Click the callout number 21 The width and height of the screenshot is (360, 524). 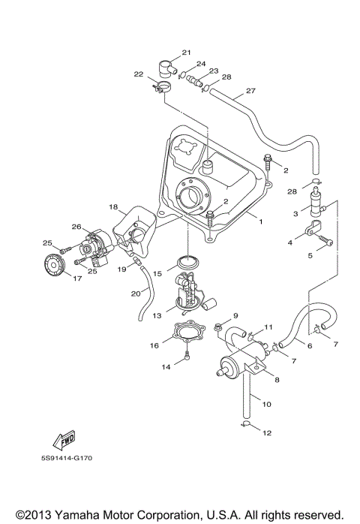(186, 53)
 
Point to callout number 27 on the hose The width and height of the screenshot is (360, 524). (250, 91)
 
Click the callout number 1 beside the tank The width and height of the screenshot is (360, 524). (262, 222)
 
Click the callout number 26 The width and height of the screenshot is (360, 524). (75, 226)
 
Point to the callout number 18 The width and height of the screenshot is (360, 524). (113, 206)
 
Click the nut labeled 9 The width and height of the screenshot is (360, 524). (217, 327)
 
